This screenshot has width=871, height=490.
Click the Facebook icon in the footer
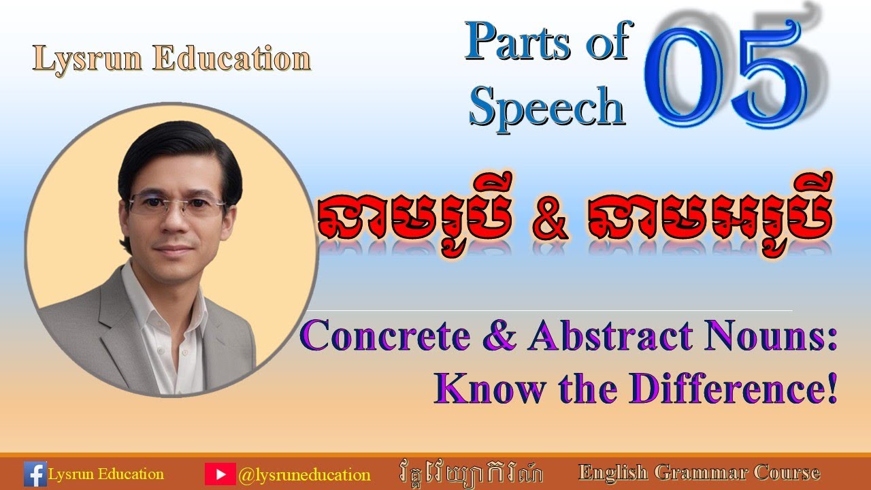coord(35,474)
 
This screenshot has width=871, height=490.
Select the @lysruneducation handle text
coord(304,474)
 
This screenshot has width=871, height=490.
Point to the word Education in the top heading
coord(231,59)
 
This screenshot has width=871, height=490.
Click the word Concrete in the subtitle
coord(395,338)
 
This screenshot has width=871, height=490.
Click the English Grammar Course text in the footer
coord(699,472)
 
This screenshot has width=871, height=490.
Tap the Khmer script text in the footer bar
coord(470,473)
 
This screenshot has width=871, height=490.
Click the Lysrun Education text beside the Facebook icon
coord(106,474)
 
